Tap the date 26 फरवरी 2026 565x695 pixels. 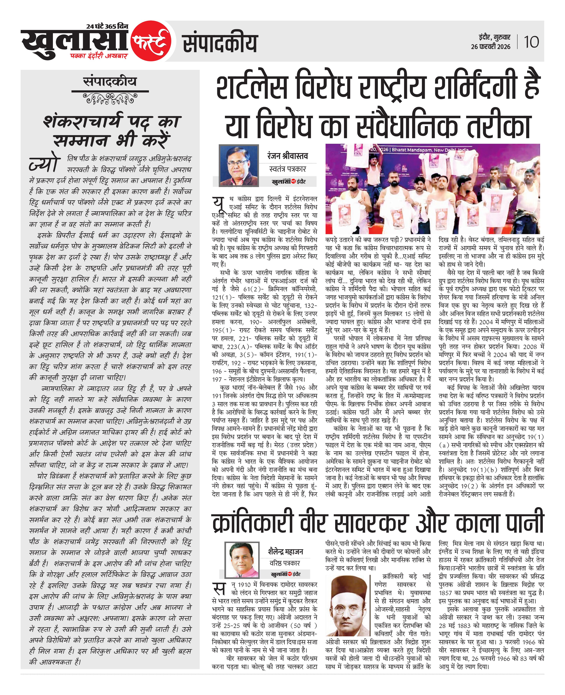coord(491,47)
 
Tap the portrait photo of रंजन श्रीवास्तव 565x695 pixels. coord(239,165)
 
